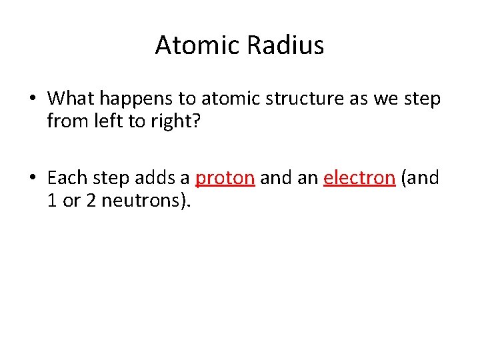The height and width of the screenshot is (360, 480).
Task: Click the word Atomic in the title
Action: pos(196,45)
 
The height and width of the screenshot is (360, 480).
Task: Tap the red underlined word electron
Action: pos(359,178)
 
